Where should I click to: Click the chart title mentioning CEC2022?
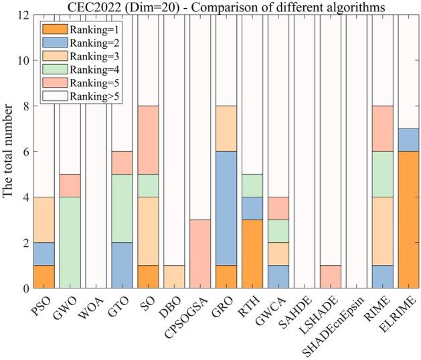pyautogui.click(x=227, y=7)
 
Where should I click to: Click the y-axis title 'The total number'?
pyautogui.click(x=9, y=152)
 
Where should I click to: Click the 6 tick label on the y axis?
pyautogui.click(x=23, y=152)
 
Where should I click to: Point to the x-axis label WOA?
pyautogui.click(x=92, y=306)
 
